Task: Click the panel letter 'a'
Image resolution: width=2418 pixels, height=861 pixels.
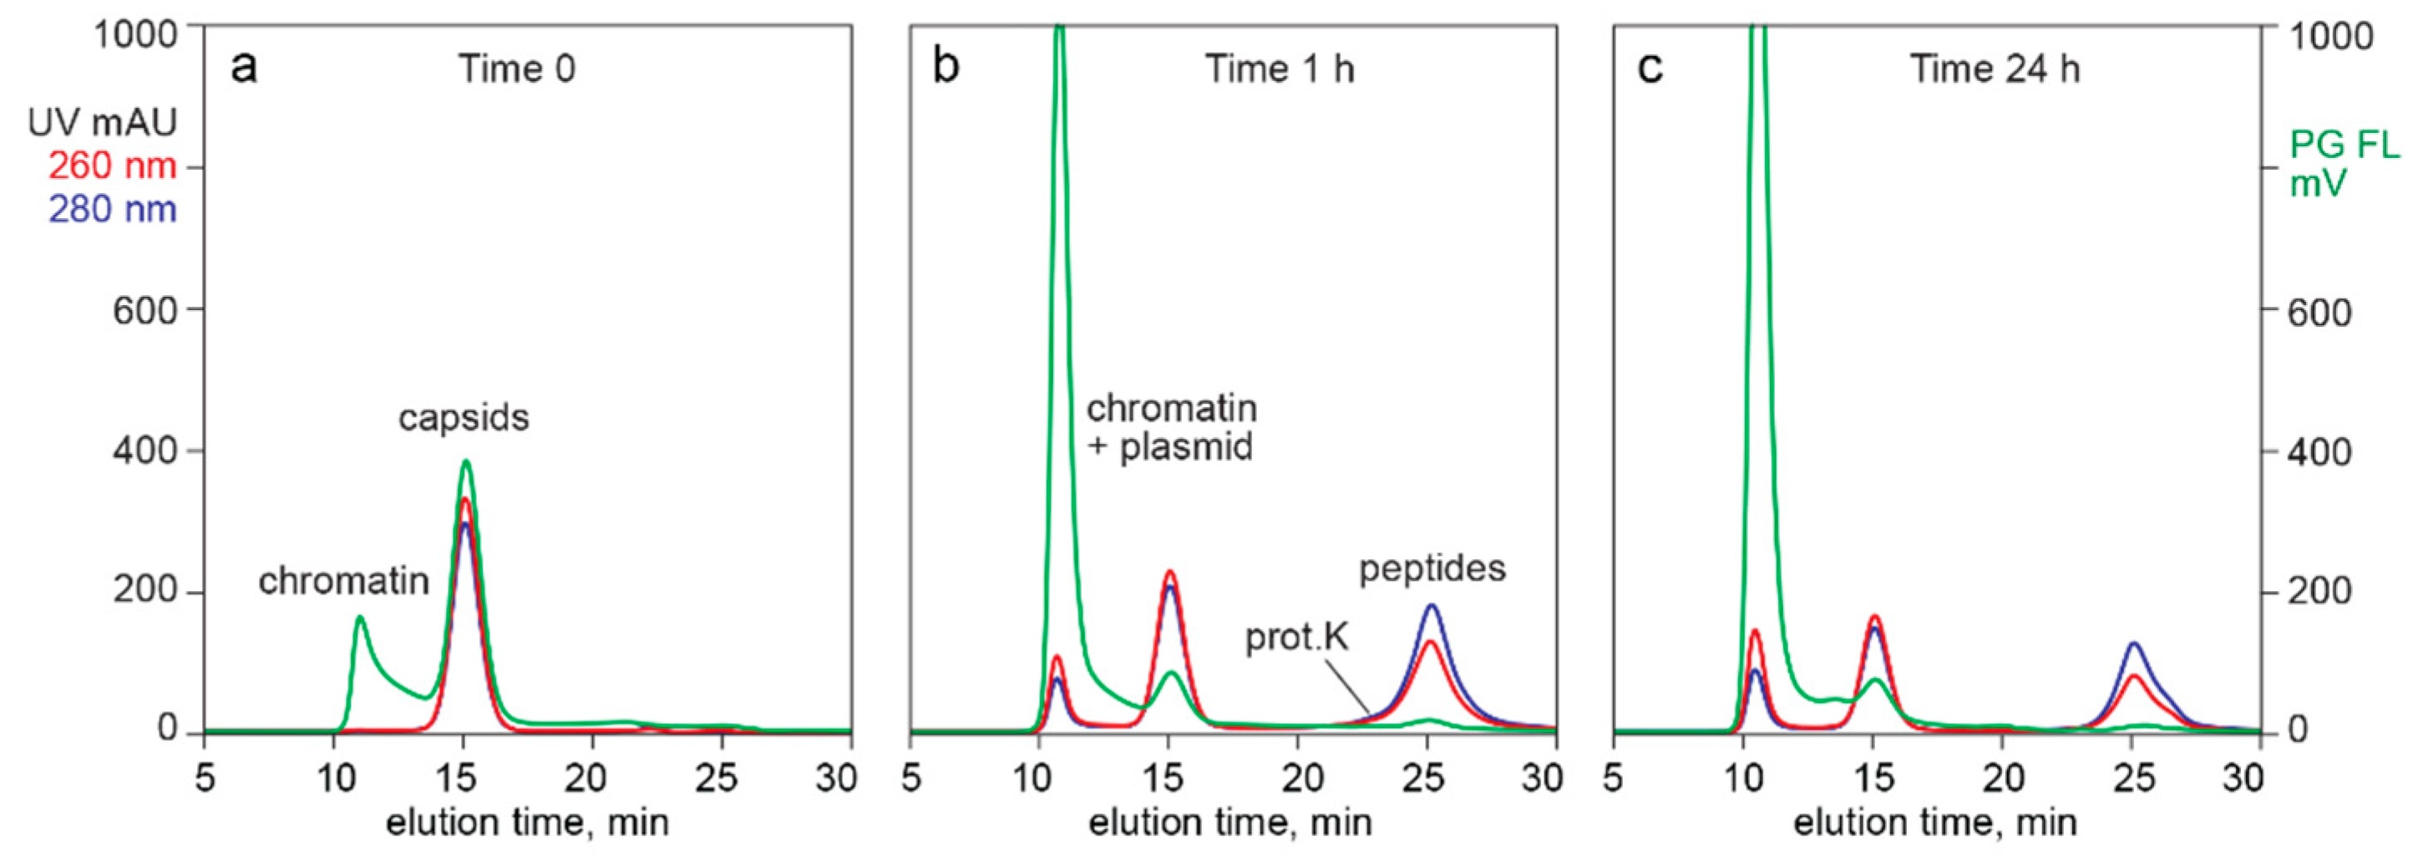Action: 244,69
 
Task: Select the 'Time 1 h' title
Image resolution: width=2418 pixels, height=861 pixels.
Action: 1280,69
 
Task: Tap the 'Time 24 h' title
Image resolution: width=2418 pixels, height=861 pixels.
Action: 1995,69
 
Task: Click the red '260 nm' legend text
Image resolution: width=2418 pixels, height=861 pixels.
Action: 113,166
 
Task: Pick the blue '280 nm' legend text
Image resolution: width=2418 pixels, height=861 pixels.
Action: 113,208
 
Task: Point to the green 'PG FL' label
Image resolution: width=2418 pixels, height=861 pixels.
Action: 2344,145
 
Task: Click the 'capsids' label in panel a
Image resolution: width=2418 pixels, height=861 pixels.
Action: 464,417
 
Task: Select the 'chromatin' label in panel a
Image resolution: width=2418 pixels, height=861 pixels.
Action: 343,581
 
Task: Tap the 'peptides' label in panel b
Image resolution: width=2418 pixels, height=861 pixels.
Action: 1432,568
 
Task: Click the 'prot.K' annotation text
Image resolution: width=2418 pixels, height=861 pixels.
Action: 1296,638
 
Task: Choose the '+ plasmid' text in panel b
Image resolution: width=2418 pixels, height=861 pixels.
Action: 1169,447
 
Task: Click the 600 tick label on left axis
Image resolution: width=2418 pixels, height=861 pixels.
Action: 144,311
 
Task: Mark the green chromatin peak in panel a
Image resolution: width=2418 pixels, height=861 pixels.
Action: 359,618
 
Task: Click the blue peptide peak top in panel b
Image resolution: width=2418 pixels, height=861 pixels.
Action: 1432,605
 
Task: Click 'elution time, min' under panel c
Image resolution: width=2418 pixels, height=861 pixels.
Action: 1934,823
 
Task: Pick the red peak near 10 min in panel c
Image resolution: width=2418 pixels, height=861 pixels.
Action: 1754,631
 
